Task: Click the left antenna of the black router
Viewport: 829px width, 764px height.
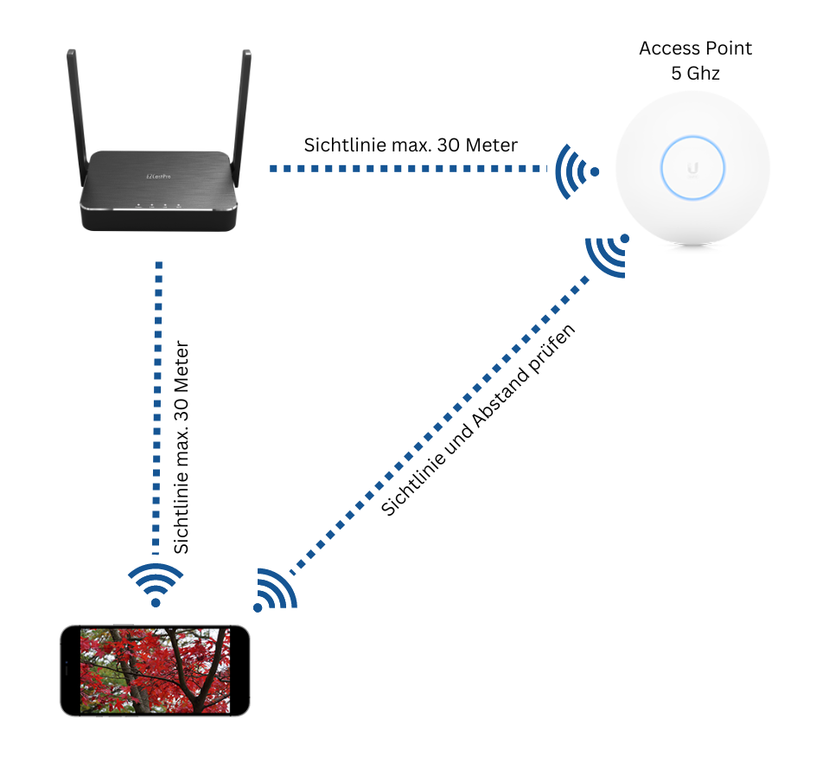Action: pyautogui.click(x=78, y=117)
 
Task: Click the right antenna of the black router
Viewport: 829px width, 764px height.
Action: pyautogui.click(x=241, y=117)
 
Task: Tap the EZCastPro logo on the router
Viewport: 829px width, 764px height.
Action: pyautogui.click(x=158, y=177)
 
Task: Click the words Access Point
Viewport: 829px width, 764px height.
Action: pyautogui.click(x=695, y=48)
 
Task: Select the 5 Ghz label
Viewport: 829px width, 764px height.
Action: pyautogui.click(x=695, y=73)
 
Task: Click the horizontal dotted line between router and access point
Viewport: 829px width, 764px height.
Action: pyautogui.click(x=408, y=169)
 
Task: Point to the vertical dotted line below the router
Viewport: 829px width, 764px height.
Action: pyautogui.click(x=157, y=408)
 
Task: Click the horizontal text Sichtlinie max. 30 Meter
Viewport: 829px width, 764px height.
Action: pyautogui.click(x=411, y=145)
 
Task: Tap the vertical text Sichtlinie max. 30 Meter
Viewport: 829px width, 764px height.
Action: pyautogui.click(x=182, y=447)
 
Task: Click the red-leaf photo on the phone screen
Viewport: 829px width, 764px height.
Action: pyautogui.click(x=155, y=671)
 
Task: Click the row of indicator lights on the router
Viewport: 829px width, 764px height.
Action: pyautogui.click(x=158, y=204)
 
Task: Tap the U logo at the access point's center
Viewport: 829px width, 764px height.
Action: pyautogui.click(x=692, y=168)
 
